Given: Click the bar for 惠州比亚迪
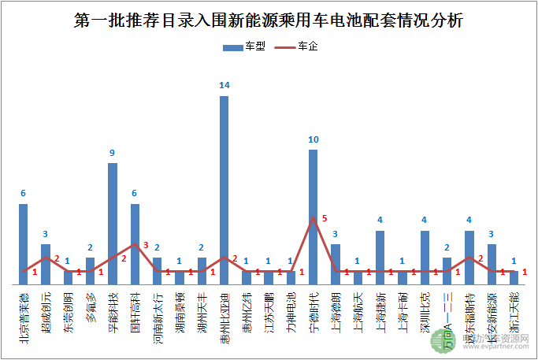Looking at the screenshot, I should click(x=224, y=189).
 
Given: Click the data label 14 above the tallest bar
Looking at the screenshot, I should click(x=224, y=85).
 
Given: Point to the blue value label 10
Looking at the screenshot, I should click(x=313, y=139).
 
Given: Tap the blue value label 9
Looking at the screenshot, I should click(x=113, y=153).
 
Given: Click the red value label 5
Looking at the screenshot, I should click(x=324, y=218).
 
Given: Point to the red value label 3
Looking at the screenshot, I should click(x=145, y=245).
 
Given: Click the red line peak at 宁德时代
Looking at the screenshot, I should click(x=313, y=217).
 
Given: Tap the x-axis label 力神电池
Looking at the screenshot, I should click(x=291, y=308).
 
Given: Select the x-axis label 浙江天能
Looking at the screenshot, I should click(x=514, y=308).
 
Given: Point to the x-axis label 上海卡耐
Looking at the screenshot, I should click(x=403, y=308).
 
